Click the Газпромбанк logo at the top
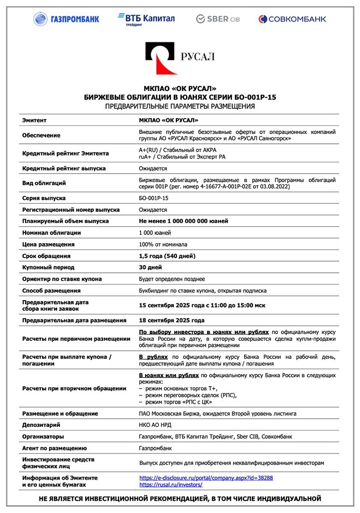coord(66,19)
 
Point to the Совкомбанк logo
coord(292,19)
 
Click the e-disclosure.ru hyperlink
coord(206,478)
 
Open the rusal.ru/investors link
coord(171,484)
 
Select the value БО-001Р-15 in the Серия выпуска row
coord(154,198)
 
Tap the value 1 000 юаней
coord(155,232)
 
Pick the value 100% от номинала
coord(163,244)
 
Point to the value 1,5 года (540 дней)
coord(167,256)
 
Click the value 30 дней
coord(151,267)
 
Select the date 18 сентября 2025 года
coord(172,320)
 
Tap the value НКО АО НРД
coord(157,425)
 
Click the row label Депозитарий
coord(42,425)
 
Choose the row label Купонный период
coord(48,267)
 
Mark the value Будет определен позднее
coord(172,279)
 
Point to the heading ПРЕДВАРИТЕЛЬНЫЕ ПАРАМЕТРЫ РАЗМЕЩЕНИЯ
coord(179,106)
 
